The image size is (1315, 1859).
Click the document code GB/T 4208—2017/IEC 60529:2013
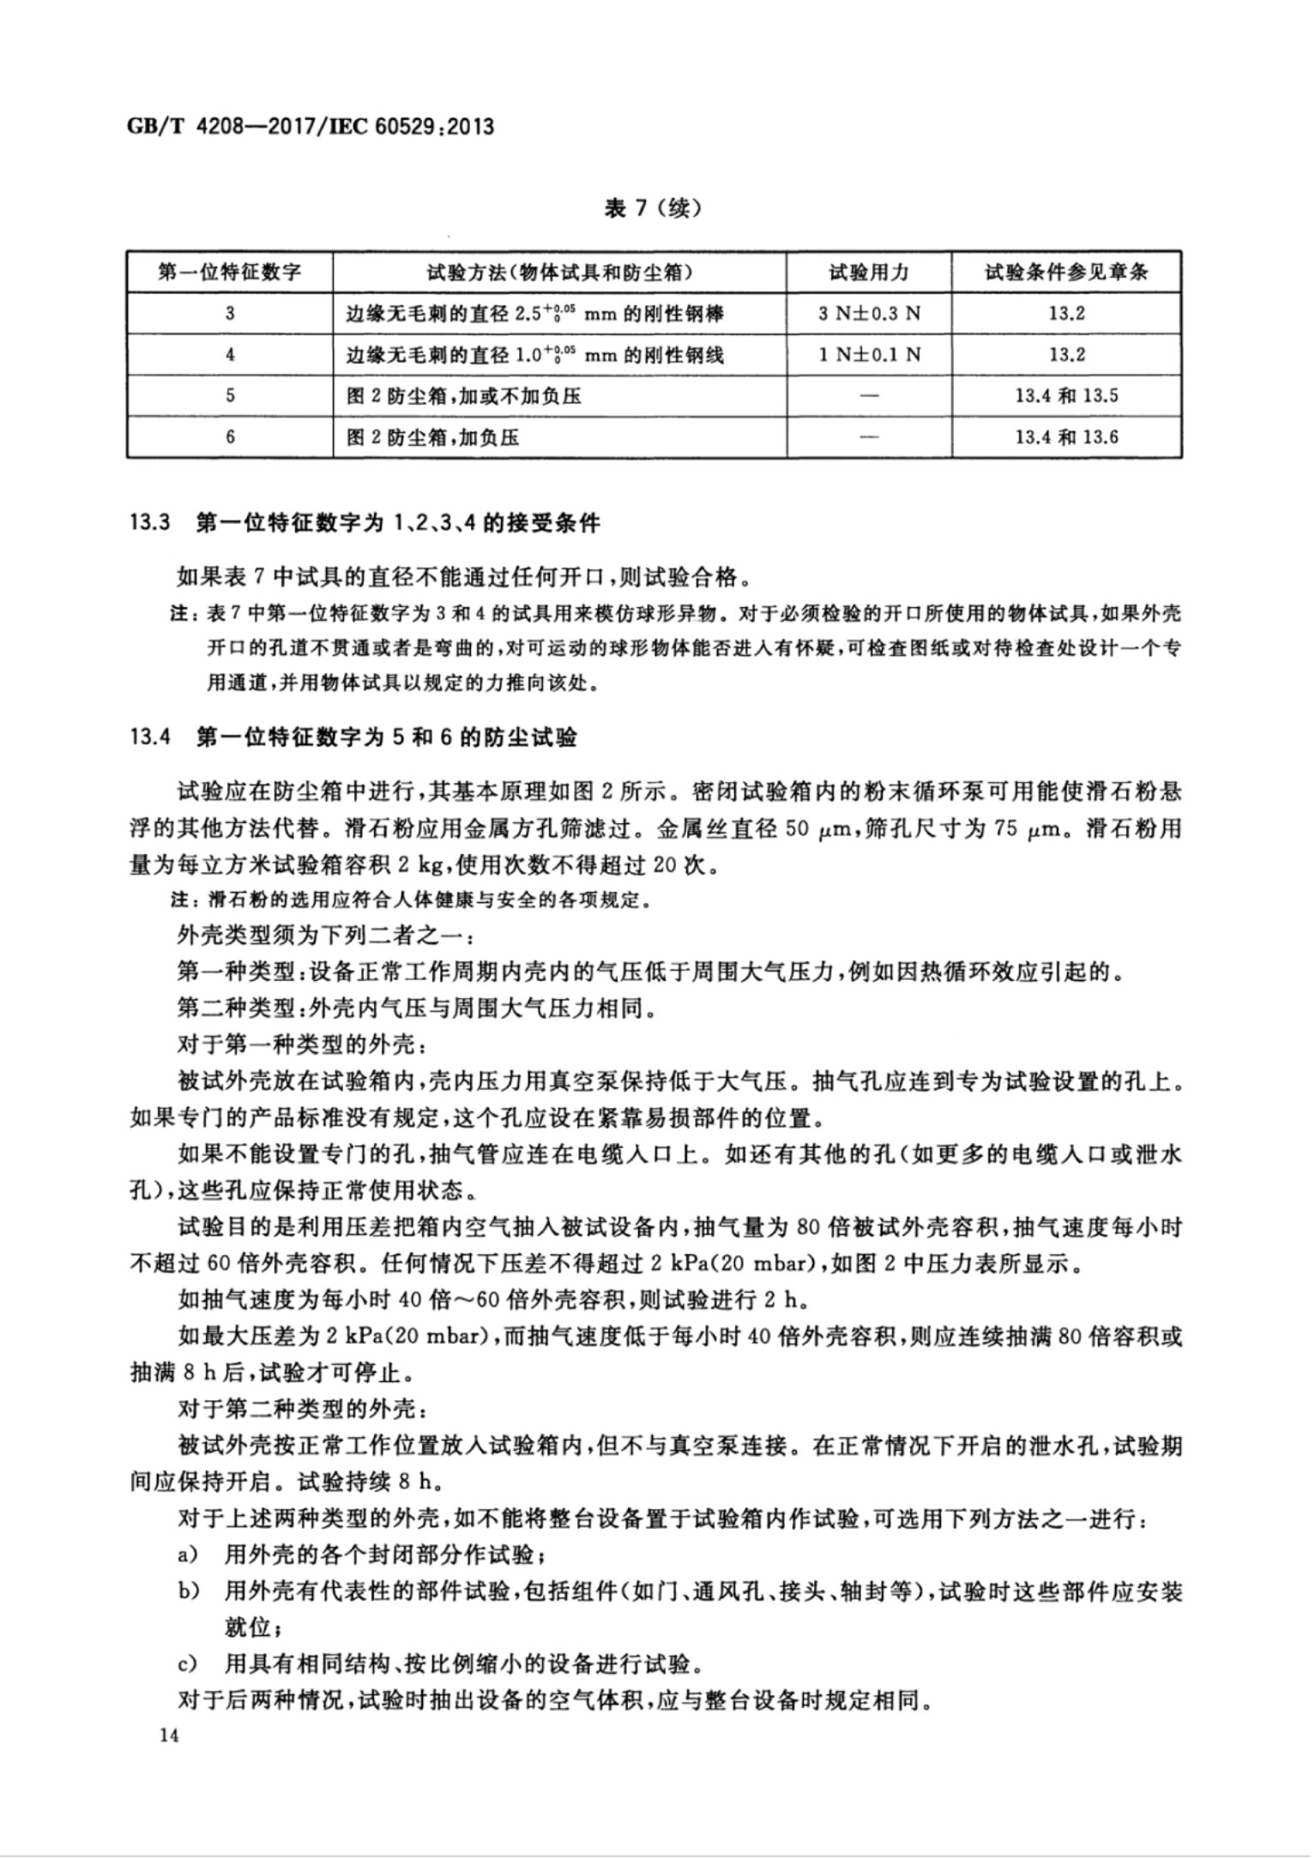point(311,127)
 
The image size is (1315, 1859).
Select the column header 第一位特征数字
point(230,273)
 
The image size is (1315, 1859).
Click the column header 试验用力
point(868,273)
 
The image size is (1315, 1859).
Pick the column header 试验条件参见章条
point(1066,273)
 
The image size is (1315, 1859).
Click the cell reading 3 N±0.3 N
point(868,314)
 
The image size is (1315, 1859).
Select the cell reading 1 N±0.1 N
point(868,354)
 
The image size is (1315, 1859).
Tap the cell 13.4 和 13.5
point(1066,395)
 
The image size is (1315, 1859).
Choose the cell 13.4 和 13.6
point(1066,437)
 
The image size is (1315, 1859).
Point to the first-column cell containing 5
point(230,395)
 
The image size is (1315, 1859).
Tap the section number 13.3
point(148,523)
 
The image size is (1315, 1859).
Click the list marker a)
point(189,1554)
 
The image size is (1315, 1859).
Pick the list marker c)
point(189,1663)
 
